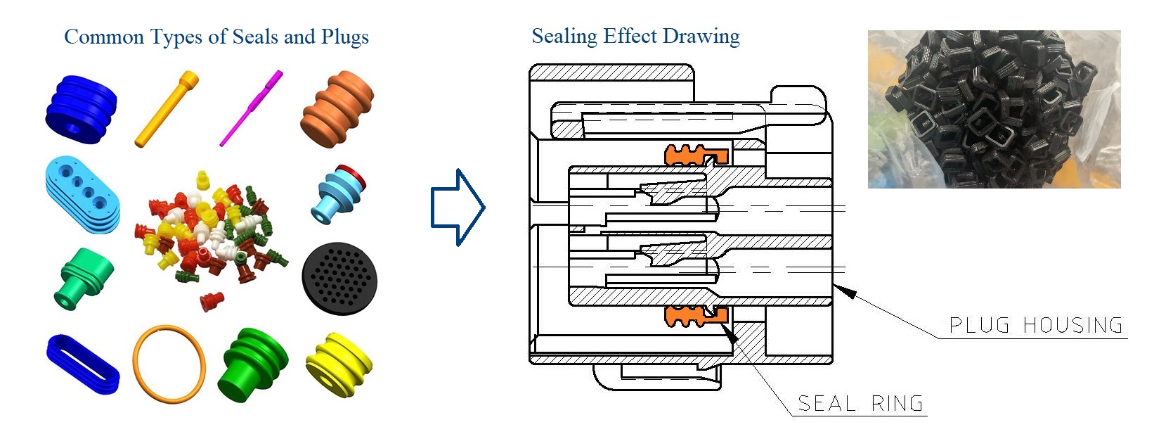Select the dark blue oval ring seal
pyautogui.click(x=83, y=363)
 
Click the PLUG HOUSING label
pyautogui.click(x=1036, y=326)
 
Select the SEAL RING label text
pyautogui.click(x=860, y=404)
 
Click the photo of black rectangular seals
pyautogui.click(x=994, y=109)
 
